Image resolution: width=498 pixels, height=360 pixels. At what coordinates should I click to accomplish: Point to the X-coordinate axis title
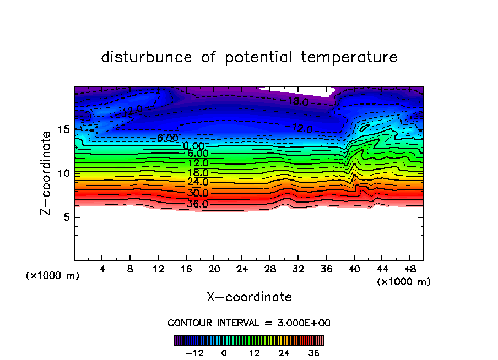(249, 297)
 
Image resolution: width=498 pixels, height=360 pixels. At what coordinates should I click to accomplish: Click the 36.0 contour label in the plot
(198, 204)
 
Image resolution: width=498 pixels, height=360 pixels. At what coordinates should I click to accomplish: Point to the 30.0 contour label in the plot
(198, 193)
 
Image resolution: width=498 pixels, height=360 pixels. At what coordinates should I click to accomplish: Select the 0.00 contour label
(193, 146)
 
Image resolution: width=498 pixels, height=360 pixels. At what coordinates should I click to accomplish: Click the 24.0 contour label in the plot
(198, 182)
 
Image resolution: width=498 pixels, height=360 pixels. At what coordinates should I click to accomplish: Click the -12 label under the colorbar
(194, 353)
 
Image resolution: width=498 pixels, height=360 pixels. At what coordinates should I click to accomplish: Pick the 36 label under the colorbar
(313, 353)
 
